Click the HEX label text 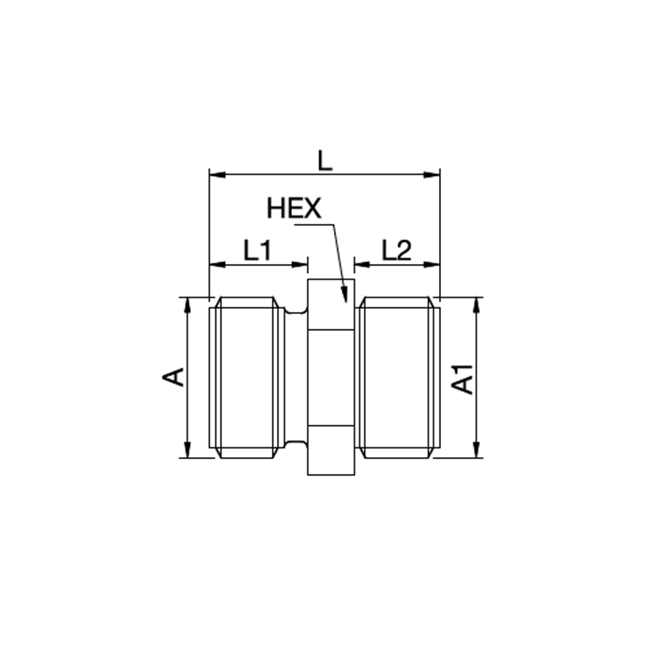(x=294, y=208)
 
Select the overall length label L (x=325, y=161)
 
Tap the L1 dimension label (x=257, y=250)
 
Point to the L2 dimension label (x=397, y=250)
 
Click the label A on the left (x=174, y=376)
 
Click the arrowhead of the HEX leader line (x=344, y=295)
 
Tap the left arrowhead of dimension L (x=217, y=175)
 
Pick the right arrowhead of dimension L (x=432, y=175)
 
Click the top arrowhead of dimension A (x=188, y=305)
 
